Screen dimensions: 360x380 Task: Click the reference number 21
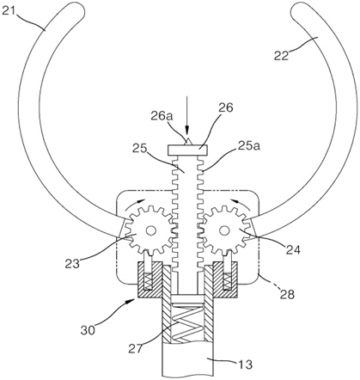[x=9, y=12]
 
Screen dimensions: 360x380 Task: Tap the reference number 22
[x=282, y=55]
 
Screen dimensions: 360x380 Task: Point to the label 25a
[x=248, y=146]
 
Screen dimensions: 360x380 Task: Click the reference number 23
[x=72, y=263]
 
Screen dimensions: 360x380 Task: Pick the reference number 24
[x=292, y=250]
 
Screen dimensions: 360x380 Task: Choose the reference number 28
[x=287, y=294]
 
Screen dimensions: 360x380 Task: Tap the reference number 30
[x=88, y=330]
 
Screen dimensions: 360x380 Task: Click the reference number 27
[x=137, y=349]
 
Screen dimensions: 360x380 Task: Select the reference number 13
[x=245, y=365]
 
